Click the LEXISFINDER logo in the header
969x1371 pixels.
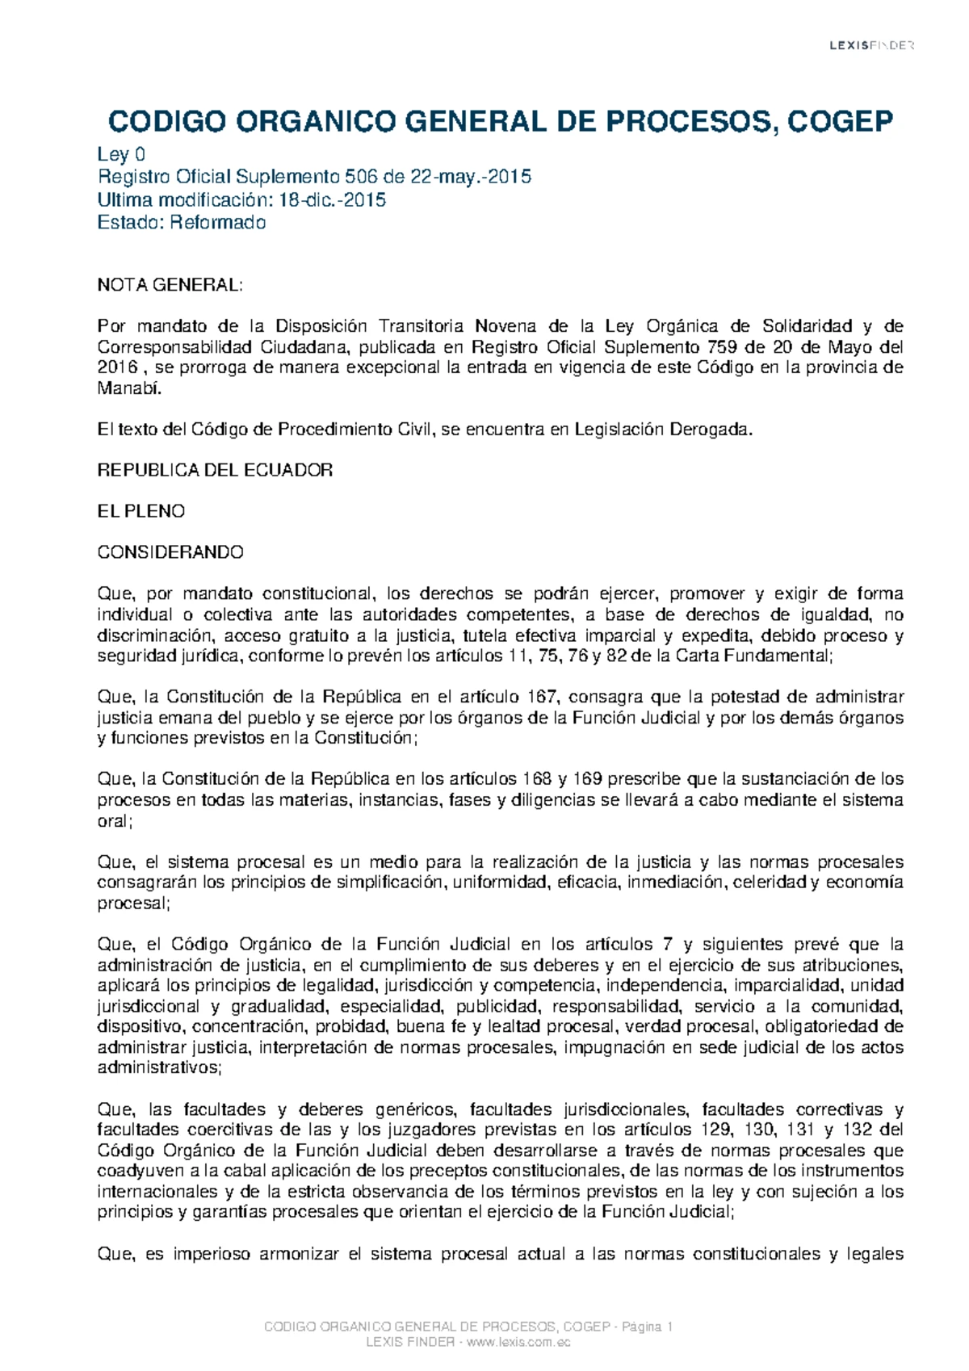[x=871, y=46]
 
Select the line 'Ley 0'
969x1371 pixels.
[x=121, y=155]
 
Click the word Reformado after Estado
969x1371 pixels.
[x=217, y=223]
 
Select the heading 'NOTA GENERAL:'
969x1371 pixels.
[x=170, y=285]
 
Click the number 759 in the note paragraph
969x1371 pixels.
[x=722, y=348]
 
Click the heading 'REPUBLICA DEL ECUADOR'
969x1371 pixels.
[x=215, y=471]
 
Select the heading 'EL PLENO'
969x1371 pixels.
[x=141, y=512]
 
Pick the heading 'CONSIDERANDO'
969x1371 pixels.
[x=170, y=553]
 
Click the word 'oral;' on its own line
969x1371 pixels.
[x=115, y=821]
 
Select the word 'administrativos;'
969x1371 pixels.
[x=159, y=1068]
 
